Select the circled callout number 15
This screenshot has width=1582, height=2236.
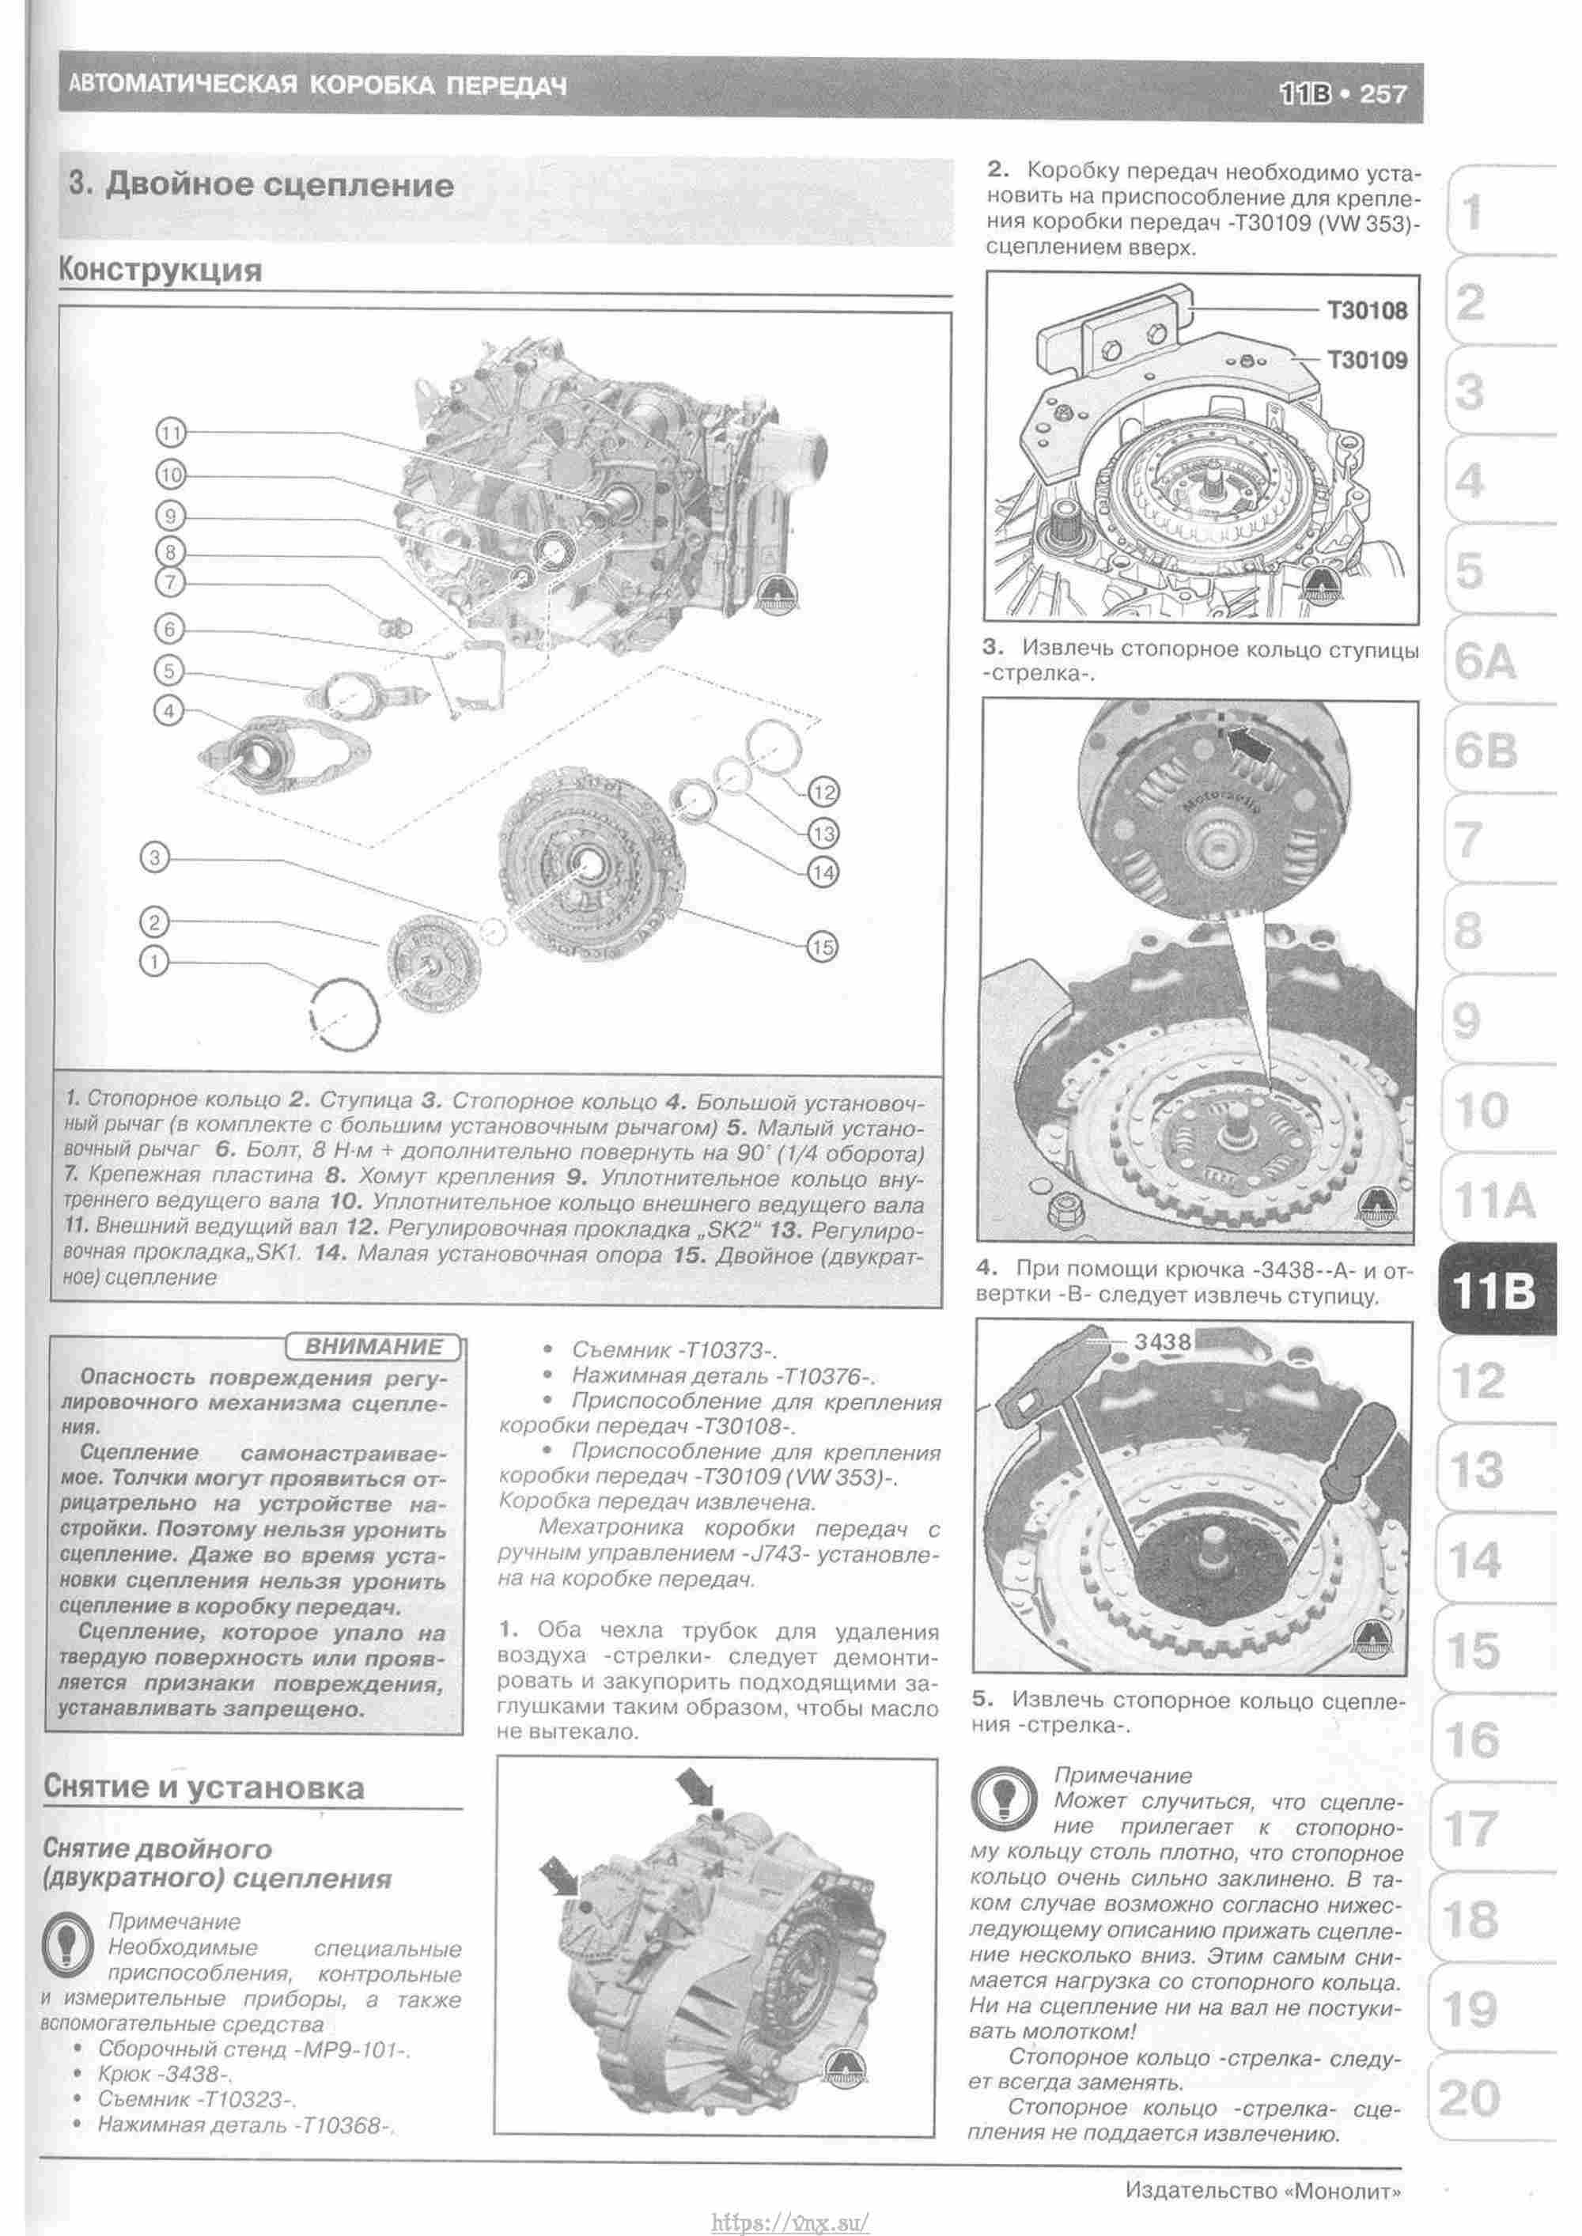pos(823,946)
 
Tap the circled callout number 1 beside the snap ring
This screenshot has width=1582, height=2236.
pos(154,962)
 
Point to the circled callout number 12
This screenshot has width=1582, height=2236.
pos(823,792)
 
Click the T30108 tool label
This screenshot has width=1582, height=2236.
pos(1367,311)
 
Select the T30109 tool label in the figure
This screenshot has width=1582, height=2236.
pos(1367,361)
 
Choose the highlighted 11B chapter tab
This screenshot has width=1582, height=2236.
pos(1494,1292)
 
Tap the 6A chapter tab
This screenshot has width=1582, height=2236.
pos(1485,663)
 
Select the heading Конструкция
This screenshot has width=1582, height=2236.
pos(161,270)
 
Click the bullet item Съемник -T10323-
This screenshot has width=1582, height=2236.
pos(196,2098)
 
